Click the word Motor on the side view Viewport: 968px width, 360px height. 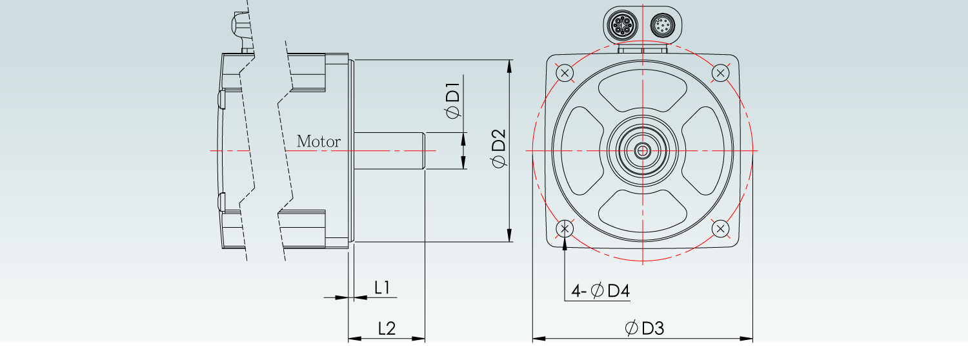click(x=318, y=141)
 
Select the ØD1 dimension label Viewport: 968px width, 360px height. click(x=452, y=100)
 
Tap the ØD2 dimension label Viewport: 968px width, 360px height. click(x=498, y=149)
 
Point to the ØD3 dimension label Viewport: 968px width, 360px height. click(x=644, y=328)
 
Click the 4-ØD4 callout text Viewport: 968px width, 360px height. click(x=600, y=291)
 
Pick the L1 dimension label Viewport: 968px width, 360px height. click(x=382, y=287)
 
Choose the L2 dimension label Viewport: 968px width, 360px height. click(x=386, y=328)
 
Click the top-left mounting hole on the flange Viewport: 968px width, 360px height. click(x=565, y=73)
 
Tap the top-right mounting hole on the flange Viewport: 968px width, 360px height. click(x=721, y=73)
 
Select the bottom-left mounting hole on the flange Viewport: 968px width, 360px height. click(x=565, y=228)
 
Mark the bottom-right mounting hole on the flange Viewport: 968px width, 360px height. click(x=721, y=228)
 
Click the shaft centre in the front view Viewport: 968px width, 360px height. click(x=643, y=151)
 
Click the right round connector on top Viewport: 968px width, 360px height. click(x=662, y=26)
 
